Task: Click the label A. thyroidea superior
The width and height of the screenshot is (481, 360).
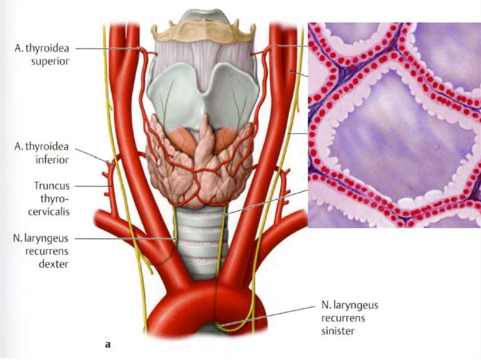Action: coord(42,54)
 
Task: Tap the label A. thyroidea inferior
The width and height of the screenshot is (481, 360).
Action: coord(42,153)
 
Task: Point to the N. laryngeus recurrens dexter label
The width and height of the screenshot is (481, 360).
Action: coord(41,251)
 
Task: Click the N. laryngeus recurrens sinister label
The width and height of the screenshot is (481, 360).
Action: coord(349,318)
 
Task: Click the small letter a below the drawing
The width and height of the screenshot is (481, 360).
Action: coord(108,345)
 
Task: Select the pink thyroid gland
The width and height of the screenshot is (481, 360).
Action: coord(199,162)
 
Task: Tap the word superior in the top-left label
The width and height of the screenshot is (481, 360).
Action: coord(50,61)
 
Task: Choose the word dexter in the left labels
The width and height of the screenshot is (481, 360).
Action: coord(54,264)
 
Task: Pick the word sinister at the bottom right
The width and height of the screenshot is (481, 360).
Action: coord(338,331)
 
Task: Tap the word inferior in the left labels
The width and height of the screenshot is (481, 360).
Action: coord(52,160)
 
